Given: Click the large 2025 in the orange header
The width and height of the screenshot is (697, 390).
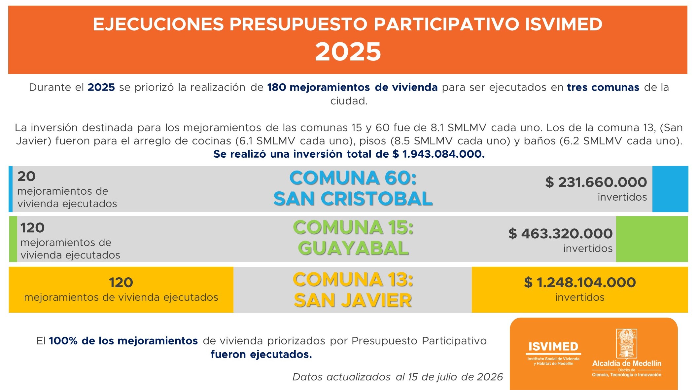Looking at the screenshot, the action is [x=348, y=52].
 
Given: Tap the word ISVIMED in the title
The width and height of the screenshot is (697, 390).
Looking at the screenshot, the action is [x=563, y=24].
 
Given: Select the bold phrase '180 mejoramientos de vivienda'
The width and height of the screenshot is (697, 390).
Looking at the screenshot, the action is [x=352, y=87].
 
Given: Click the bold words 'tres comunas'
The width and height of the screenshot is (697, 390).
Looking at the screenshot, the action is [x=603, y=87].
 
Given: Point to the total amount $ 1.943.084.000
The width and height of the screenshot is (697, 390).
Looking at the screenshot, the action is [x=438, y=154].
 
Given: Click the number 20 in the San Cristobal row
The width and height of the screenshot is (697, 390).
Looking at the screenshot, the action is [x=26, y=176].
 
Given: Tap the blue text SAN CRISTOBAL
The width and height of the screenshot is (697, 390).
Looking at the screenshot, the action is [x=353, y=199].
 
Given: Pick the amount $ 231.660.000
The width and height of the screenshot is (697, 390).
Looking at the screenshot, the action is [x=596, y=182].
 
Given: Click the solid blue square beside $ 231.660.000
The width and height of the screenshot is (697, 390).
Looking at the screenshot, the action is [x=670, y=189].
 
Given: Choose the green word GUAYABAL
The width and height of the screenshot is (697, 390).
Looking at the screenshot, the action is [x=353, y=248].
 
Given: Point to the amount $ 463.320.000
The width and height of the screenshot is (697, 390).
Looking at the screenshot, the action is [x=560, y=234].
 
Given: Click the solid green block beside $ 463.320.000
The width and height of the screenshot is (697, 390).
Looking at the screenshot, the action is [x=652, y=239].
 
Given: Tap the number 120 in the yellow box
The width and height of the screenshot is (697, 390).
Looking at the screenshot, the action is [x=121, y=283].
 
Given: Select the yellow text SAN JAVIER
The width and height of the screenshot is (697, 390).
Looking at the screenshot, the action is [x=353, y=300].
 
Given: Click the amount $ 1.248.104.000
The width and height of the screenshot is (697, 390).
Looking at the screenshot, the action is [x=580, y=283].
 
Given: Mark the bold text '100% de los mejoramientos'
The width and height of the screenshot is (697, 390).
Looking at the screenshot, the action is [x=123, y=341].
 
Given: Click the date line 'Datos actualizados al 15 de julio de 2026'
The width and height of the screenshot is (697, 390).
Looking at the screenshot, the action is [x=398, y=377].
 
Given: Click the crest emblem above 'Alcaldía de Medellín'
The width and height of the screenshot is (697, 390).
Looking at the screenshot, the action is [x=626, y=343].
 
